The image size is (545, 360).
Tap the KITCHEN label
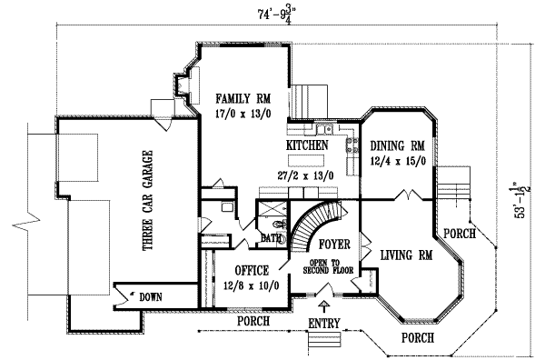coord(308,145)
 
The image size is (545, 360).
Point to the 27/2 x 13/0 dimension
coord(309,174)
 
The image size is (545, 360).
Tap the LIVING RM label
coord(406,255)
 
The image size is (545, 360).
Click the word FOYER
coord(333,245)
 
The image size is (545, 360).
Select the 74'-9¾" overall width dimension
coord(274,15)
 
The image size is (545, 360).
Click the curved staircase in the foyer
coord(313,224)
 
